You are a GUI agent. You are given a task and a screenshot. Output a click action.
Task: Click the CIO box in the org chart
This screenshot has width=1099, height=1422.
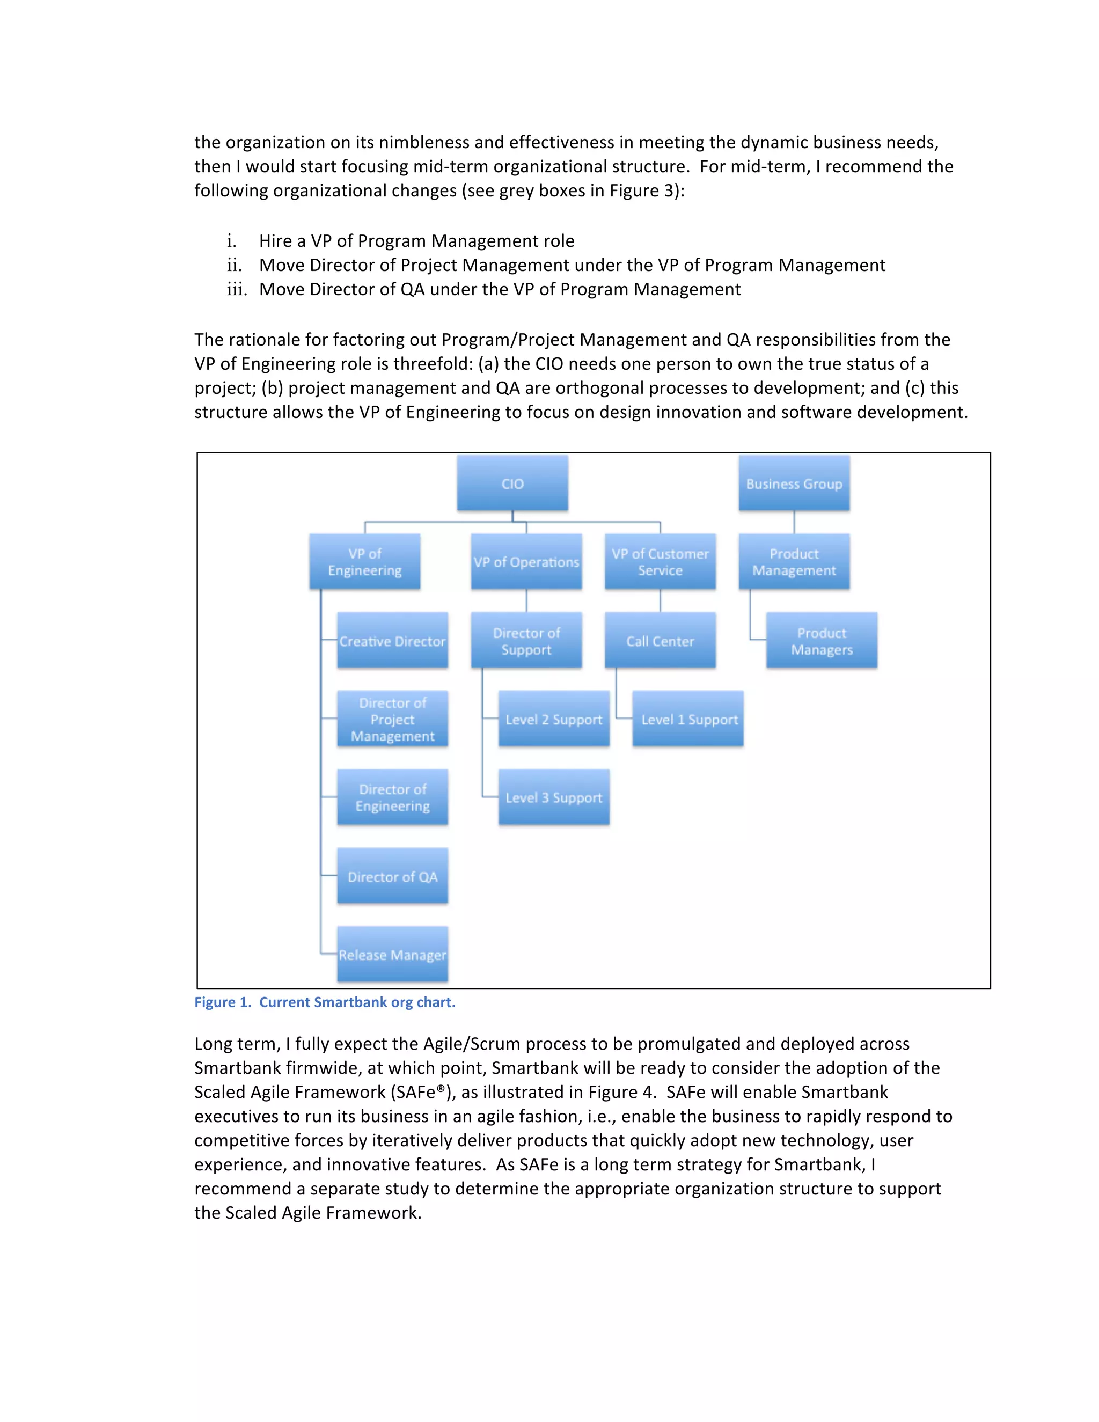(x=512, y=483)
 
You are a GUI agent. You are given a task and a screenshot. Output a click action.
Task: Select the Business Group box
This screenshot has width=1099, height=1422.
(x=794, y=483)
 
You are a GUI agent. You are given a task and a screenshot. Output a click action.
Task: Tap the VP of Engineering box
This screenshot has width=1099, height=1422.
(x=364, y=562)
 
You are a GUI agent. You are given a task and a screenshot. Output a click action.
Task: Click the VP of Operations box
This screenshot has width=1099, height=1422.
(x=526, y=562)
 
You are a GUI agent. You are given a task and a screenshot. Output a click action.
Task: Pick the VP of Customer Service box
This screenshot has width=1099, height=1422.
(x=660, y=562)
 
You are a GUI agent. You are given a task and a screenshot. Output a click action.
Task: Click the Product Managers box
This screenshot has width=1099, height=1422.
(x=822, y=641)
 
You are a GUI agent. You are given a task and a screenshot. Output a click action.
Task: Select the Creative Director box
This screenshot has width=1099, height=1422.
(x=393, y=641)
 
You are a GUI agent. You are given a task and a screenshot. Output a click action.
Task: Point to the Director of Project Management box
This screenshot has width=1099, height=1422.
(x=393, y=719)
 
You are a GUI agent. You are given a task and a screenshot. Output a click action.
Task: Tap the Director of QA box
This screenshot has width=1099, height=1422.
(x=393, y=876)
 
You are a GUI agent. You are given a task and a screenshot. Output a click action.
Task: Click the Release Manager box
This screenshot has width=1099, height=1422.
(x=393, y=955)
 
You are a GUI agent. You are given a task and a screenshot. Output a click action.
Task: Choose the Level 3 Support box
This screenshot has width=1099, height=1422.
(x=554, y=797)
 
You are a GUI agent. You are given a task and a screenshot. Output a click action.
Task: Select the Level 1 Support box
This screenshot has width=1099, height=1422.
(x=688, y=719)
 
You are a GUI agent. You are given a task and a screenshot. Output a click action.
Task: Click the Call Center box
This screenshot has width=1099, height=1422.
(x=660, y=641)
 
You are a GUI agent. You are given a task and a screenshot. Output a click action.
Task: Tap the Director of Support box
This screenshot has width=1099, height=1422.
(x=526, y=641)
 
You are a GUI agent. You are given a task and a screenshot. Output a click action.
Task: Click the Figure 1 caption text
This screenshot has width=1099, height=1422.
(x=325, y=1002)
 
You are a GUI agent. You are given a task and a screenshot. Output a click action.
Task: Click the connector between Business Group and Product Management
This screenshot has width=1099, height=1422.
(x=794, y=522)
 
